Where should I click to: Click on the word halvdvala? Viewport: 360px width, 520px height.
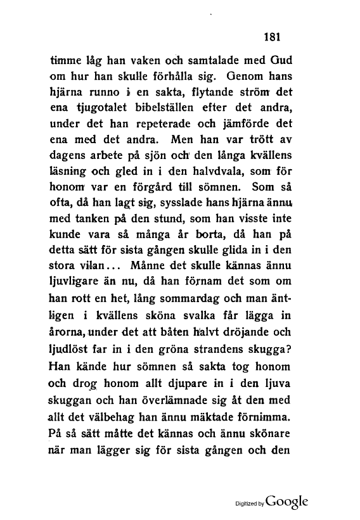tap(205, 170)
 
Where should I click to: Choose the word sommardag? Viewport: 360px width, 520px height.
tap(198, 312)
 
